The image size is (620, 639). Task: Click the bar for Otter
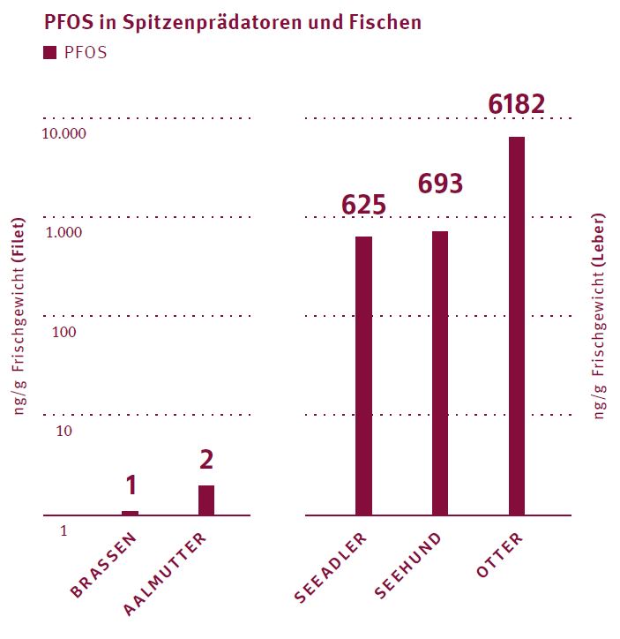click(516, 326)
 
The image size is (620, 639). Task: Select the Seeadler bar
click(363, 375)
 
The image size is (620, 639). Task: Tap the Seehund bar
click(440, 372)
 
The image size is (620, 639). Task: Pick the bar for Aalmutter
click(206, 500)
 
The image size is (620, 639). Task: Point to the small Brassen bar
click(130, 513)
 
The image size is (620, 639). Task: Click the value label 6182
click(517, 104)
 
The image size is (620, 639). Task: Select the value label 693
click(439, 184)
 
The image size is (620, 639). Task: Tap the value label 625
click(363, 205)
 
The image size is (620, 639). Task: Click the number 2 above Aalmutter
click(206, 460)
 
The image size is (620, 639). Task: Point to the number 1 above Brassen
click(131, 485)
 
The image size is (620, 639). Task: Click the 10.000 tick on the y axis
click(66, 134)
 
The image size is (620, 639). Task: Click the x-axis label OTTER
click(499, 555)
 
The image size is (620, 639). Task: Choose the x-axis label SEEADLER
click(331, 569)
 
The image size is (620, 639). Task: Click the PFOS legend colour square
click(49, 53)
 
